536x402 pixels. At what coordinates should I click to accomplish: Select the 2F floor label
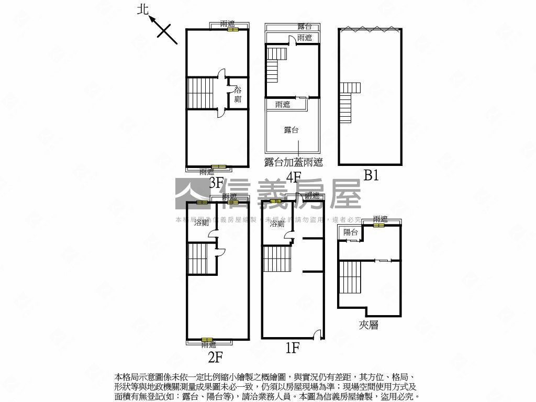click(x=216, y=357)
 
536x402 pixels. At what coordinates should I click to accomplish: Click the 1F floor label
click(x=292, y=347)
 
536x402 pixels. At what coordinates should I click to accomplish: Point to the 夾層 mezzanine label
click(x=368, y=325)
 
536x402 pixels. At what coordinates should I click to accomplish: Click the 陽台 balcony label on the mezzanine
click(x=350, y=232)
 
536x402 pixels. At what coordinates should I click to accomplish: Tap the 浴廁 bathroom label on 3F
click(x=238, y=94)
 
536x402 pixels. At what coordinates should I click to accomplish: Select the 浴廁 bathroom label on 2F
click(x=202, y=223)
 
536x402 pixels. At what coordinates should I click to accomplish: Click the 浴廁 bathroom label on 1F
click(x=277, y=224)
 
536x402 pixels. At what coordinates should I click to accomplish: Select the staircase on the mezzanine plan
click(x=350, y=277)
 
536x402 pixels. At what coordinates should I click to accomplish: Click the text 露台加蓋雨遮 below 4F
click(x=293, y=162)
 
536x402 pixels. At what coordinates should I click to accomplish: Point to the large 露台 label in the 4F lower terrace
click(x=292, y=130)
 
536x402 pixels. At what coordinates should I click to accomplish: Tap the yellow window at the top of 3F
click(x=232, y=29)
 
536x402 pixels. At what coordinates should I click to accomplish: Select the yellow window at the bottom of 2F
click(x=207, y=340)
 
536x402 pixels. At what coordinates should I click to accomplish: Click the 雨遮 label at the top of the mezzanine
click(x=381, y=219)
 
